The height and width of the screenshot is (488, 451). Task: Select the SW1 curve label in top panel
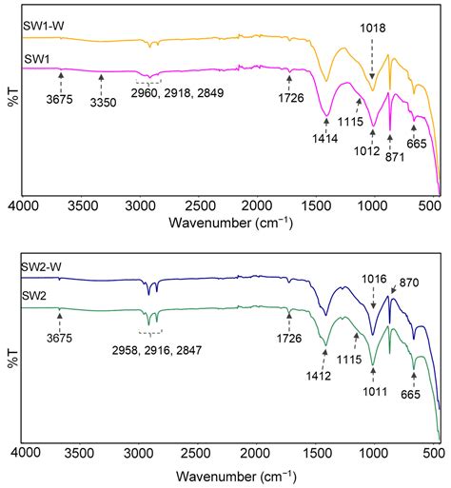click(36, 60)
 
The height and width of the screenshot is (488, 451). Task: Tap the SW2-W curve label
click(43, 268)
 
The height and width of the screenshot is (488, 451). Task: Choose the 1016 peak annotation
click(373, 279)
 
